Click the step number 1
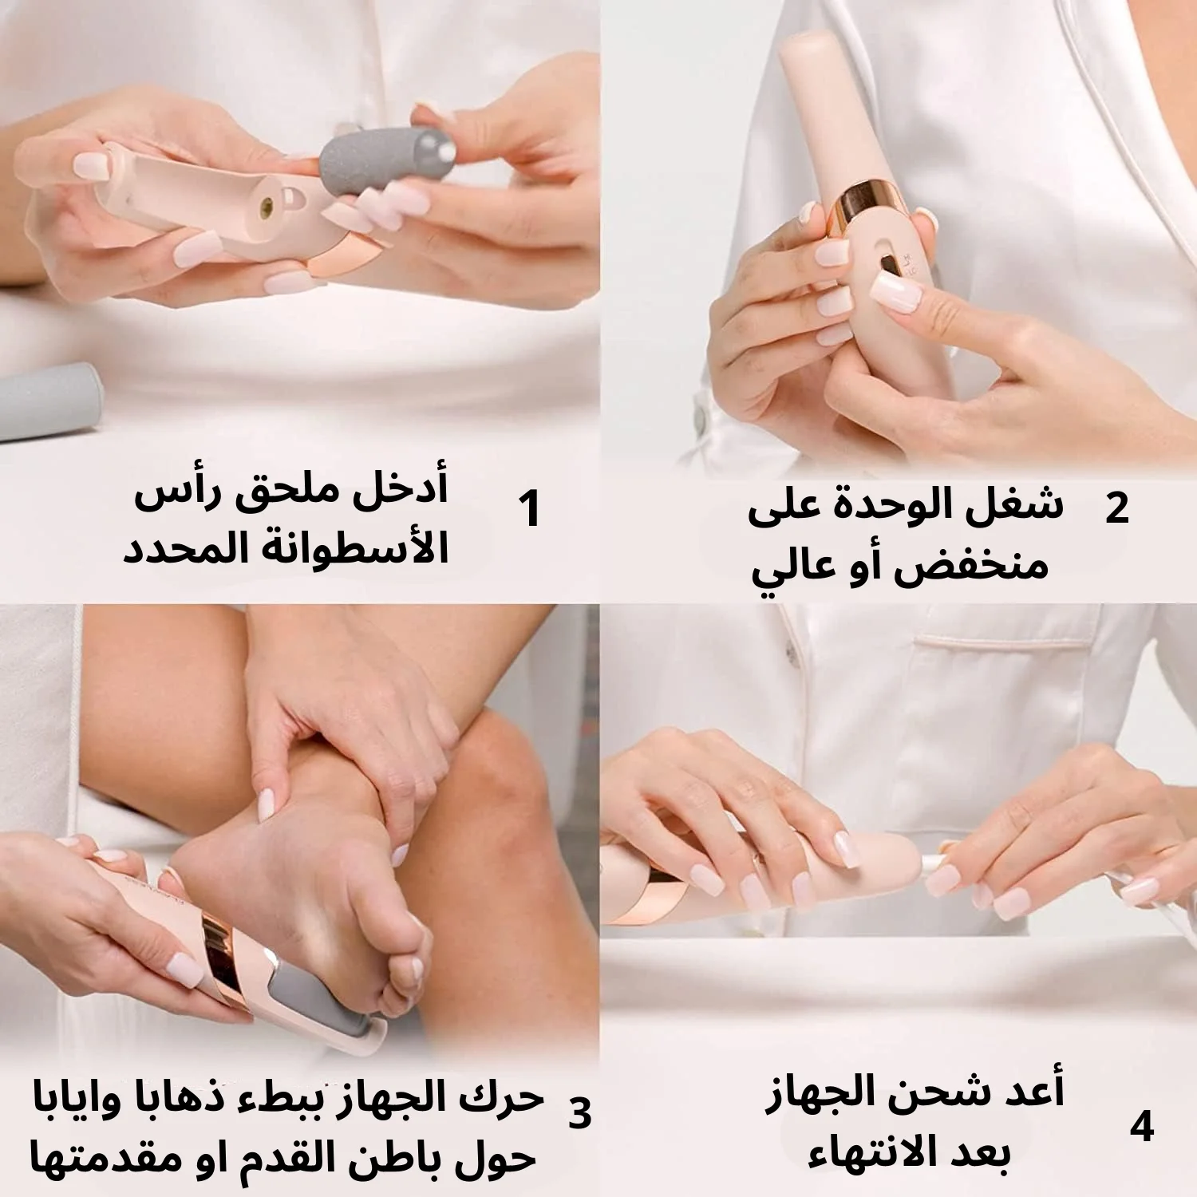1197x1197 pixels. pos(529,508)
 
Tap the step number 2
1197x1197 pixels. pos(1117,508)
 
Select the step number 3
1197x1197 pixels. pos(580,1112)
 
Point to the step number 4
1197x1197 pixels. pos(1142,1127)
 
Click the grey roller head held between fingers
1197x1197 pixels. pos(386,168)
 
